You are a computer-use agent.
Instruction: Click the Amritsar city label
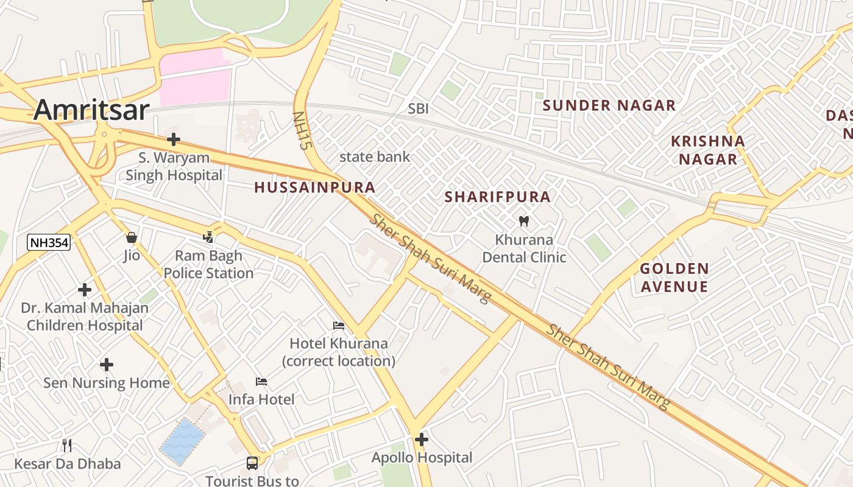pos(91,110)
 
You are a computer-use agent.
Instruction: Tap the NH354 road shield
pos(49,243)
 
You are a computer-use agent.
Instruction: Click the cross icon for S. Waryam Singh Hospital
pos(174,139)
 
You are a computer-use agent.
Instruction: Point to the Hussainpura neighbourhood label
pos(314,187)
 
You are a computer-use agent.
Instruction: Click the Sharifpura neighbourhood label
pos(497,197)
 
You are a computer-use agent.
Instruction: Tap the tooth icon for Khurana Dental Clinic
pos(523,221)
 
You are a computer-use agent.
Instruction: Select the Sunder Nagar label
pos(609,105)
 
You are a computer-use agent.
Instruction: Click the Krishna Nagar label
pos(708,150)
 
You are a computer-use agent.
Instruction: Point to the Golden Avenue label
pos(674,277)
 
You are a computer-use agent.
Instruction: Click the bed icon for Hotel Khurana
pos(339,326)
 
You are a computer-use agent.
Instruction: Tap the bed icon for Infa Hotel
pos(261,382)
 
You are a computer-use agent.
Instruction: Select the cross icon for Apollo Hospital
pos(422,439)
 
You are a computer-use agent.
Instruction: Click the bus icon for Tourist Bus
pos(252,463)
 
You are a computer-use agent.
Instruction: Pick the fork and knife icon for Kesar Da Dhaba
pos(67,446)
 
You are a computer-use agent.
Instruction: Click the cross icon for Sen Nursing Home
pos(107,365)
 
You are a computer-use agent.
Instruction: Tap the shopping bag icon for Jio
pos(132,237)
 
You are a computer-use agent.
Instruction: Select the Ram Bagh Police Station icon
pos(208,237)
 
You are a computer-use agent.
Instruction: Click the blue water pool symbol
pos(182,442)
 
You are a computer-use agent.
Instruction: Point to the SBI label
pos(418,108)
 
